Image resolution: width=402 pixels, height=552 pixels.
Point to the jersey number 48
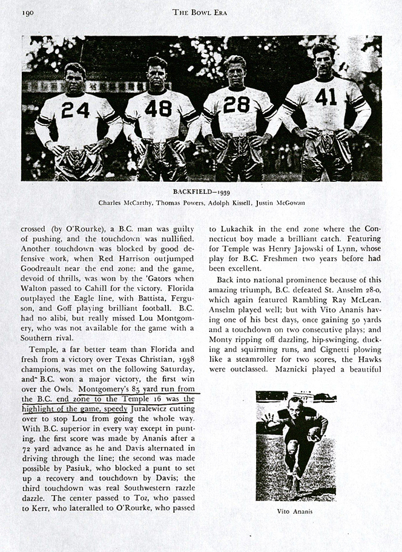point(159,108)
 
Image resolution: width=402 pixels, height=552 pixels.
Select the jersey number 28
point(236,105)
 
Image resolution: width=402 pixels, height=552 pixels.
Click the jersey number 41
point(325,97)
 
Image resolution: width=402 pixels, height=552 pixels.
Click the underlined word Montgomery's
point(105,387)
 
